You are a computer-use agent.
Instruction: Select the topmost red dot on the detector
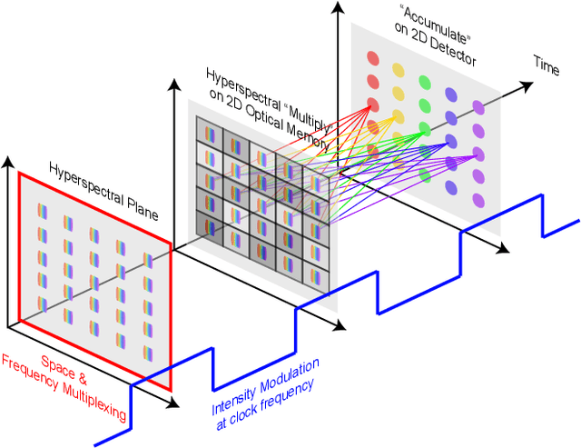[x=371, y=59]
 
